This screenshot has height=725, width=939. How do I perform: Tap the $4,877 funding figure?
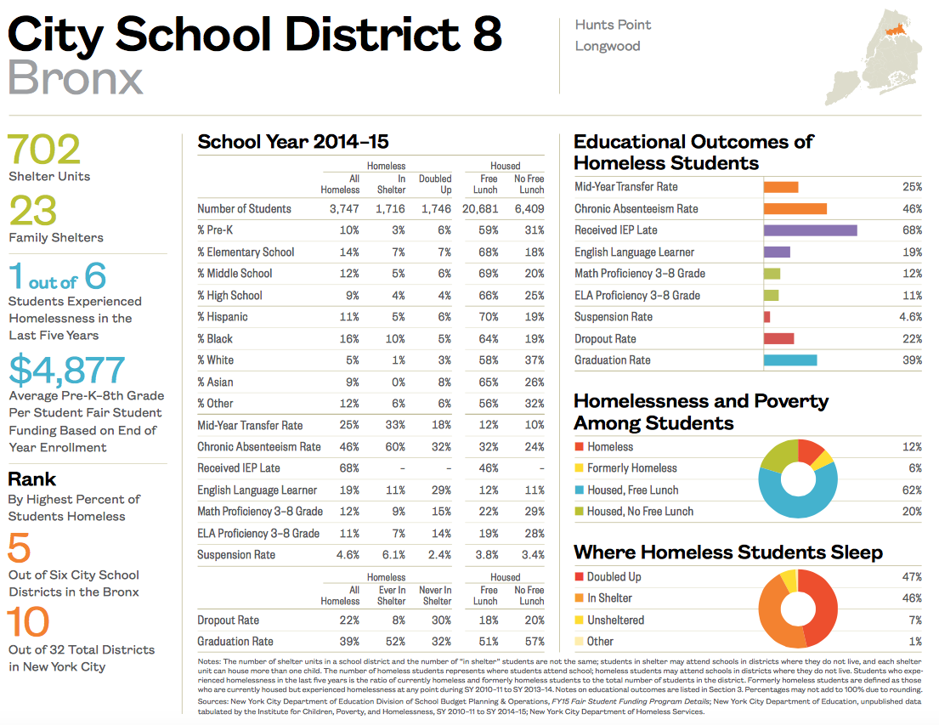pyautogui.click(x=66, y=370)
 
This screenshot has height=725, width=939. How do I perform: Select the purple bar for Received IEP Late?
pyautogui.click(x=810, y=230)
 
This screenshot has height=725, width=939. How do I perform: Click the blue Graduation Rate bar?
pyautogui.click(x=789, y=360)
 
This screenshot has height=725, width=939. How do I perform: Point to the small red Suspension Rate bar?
pyautogui.click(x=766, y=317)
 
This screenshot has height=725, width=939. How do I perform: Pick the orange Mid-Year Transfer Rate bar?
pyautogui.click(x=780, y=187)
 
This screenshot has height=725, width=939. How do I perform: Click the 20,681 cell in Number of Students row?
pyautogui.click(x=479, y=209)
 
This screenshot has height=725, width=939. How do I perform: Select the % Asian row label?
pyautogui.click(x=215, y=382)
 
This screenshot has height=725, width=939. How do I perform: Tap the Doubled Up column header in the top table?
pyautogui.click(x=435, y=184)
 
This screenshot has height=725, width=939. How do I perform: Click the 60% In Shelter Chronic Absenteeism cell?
pyautogui.click(x=393, y=447)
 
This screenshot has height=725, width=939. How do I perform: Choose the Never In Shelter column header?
pyautogui.click(x=436, y=595)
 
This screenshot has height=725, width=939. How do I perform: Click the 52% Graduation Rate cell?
pyautogui.click(x=393, y=642)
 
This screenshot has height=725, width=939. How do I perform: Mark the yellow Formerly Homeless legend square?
pyautogui.click(x=579, y=468)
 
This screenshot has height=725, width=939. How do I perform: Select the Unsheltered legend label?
pyautogui.click(x=615, y=620)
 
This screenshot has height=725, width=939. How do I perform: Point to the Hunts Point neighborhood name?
pyautogui.click(x=613, y=25)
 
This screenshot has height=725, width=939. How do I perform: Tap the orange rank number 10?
pyautogui.click(x=30, y=623)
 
